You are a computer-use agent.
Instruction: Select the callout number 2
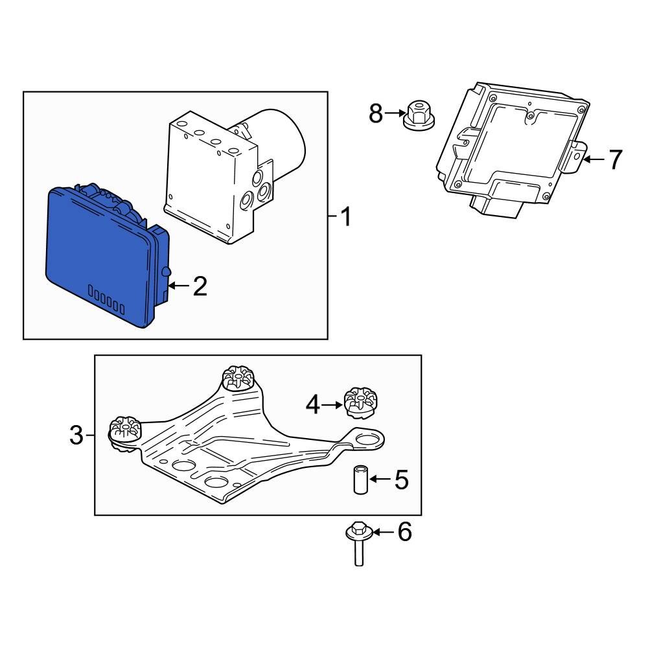tap(200, 286)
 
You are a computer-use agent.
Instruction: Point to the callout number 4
tap(313, 406)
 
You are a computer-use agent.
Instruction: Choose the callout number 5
tap(401, 480)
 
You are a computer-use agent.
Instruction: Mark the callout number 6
tap(404, 533)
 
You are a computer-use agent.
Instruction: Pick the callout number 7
tap(614, 159)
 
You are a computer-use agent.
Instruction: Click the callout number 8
tap(376, 113)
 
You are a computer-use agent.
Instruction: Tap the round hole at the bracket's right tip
tap(367, 440)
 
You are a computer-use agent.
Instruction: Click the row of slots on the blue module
tap(106, 301)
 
